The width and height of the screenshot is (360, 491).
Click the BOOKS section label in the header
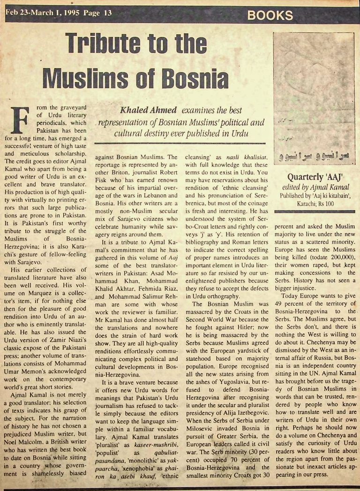[270, 15]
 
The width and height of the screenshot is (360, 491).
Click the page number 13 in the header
[107, 14]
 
